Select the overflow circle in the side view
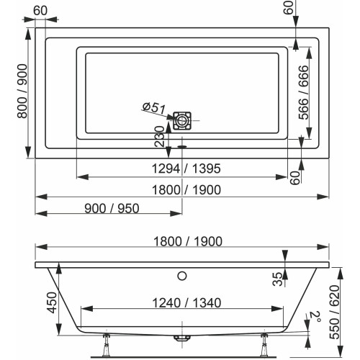click(x=183, y=275)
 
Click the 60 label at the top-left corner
click(x=41, y=9)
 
